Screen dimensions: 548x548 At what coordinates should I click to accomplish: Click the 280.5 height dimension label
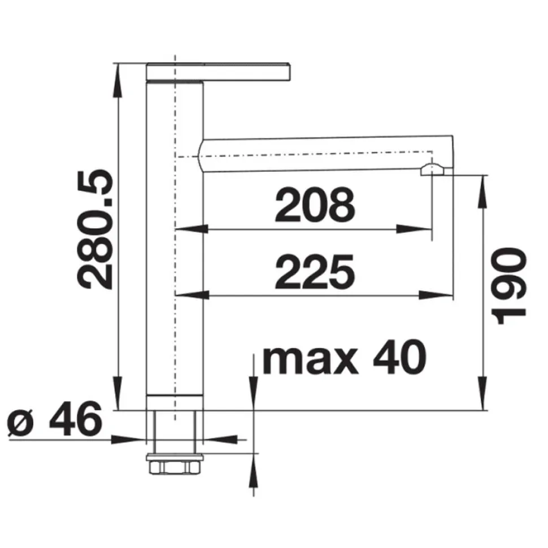coord(95,229)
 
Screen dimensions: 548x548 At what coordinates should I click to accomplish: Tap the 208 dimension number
coord(315,205)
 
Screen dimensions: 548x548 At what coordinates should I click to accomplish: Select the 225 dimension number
coord(315,272)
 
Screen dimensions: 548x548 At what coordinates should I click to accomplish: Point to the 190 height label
coord(509,285)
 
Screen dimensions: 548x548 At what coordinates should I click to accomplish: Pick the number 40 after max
coord(399,357)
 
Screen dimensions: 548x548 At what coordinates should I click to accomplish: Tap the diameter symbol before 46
coord(20,424)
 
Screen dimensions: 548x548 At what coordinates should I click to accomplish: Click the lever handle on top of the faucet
coord(219,72)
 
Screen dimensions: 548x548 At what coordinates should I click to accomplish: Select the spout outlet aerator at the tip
coord(433,170)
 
